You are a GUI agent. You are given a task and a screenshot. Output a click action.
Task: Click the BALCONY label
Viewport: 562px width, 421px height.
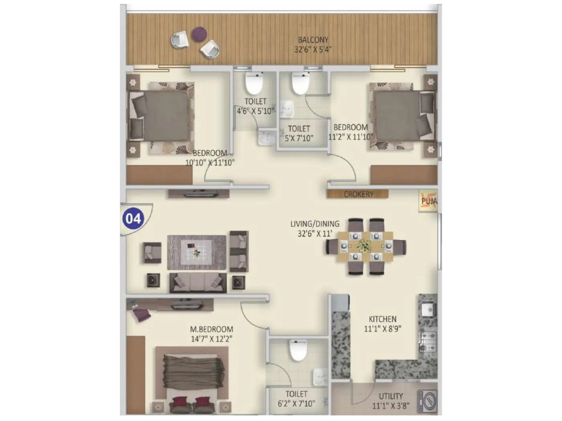[313, 40]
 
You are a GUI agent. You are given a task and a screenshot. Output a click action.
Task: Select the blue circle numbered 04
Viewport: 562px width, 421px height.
[134, 219]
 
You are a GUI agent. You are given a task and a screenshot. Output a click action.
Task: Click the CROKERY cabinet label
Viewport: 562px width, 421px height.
[358, 194]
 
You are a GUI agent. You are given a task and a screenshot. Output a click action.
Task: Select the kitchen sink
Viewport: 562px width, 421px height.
[427, 309]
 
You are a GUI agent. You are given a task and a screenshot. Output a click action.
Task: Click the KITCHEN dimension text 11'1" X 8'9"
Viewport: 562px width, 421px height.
[383, 329]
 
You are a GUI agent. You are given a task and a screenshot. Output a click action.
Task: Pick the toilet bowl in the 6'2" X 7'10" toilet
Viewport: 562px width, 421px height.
[298, 350]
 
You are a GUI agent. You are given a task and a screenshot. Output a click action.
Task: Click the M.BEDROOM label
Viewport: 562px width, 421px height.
[212, 329]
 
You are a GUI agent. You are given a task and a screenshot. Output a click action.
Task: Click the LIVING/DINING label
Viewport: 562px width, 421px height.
[315, 224]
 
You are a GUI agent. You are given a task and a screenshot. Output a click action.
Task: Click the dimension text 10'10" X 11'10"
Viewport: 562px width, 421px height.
[210, 162]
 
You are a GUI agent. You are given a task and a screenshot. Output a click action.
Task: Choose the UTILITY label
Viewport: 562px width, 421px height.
[391, 397]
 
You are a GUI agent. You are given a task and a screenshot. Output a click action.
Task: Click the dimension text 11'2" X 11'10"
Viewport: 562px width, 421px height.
[350, 136]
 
